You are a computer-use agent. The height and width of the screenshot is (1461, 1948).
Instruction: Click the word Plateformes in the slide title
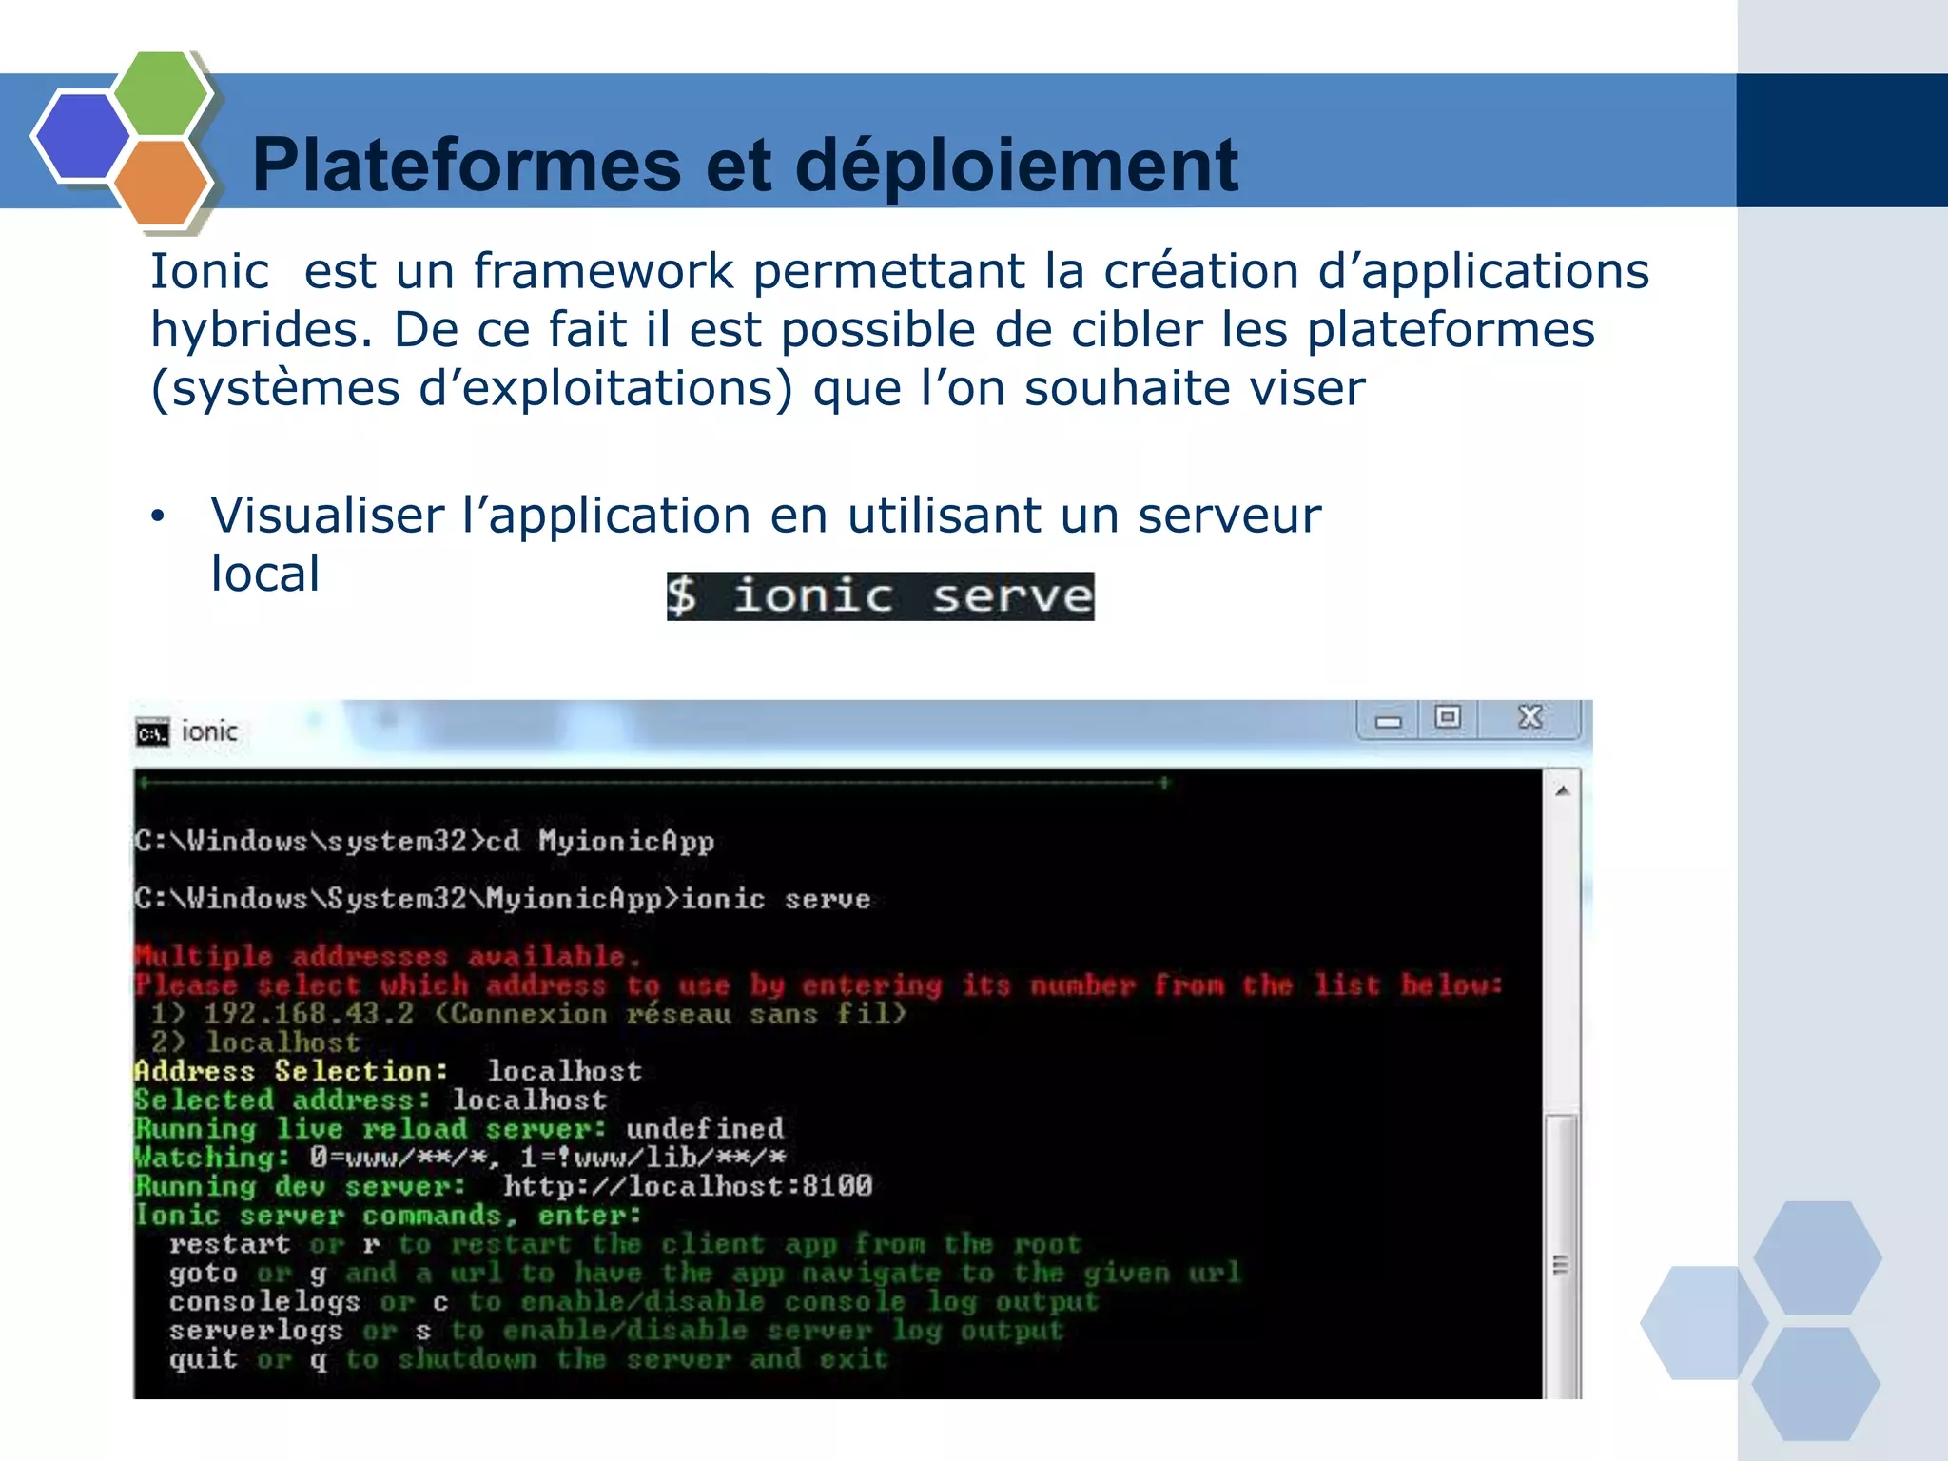(x=466, y=166)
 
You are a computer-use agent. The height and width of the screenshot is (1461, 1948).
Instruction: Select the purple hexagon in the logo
(x=82, y=135)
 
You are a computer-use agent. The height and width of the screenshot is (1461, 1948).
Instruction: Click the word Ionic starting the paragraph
(x=209, y=272)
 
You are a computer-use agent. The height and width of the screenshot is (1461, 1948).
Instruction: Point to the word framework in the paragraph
(x=603, y=272)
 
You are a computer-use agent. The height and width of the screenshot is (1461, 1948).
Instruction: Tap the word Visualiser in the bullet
(x=327, y=516)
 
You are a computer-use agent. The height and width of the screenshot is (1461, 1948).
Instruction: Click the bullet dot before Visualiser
(x=158, y=517)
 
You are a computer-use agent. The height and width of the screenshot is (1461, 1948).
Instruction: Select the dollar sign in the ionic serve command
(x=681, y=596)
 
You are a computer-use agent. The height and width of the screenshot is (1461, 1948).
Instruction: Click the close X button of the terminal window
(x=1529, y=717)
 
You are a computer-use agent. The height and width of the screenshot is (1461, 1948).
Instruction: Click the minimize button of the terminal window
(x=1389, y=721)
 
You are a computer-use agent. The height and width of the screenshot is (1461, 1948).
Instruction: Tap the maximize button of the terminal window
(x=1448, y=717)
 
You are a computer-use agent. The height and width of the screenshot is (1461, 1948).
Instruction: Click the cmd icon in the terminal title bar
(x=152, y=732)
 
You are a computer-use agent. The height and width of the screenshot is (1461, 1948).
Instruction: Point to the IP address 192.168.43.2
(x=309, y=1014)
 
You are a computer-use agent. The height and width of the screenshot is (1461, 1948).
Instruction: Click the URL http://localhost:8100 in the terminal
(x=688, y=1186)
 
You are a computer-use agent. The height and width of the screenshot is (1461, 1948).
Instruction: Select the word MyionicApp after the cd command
(x=626, y=842)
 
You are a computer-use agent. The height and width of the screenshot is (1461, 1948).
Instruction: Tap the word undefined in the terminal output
(x=705, y=1129)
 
